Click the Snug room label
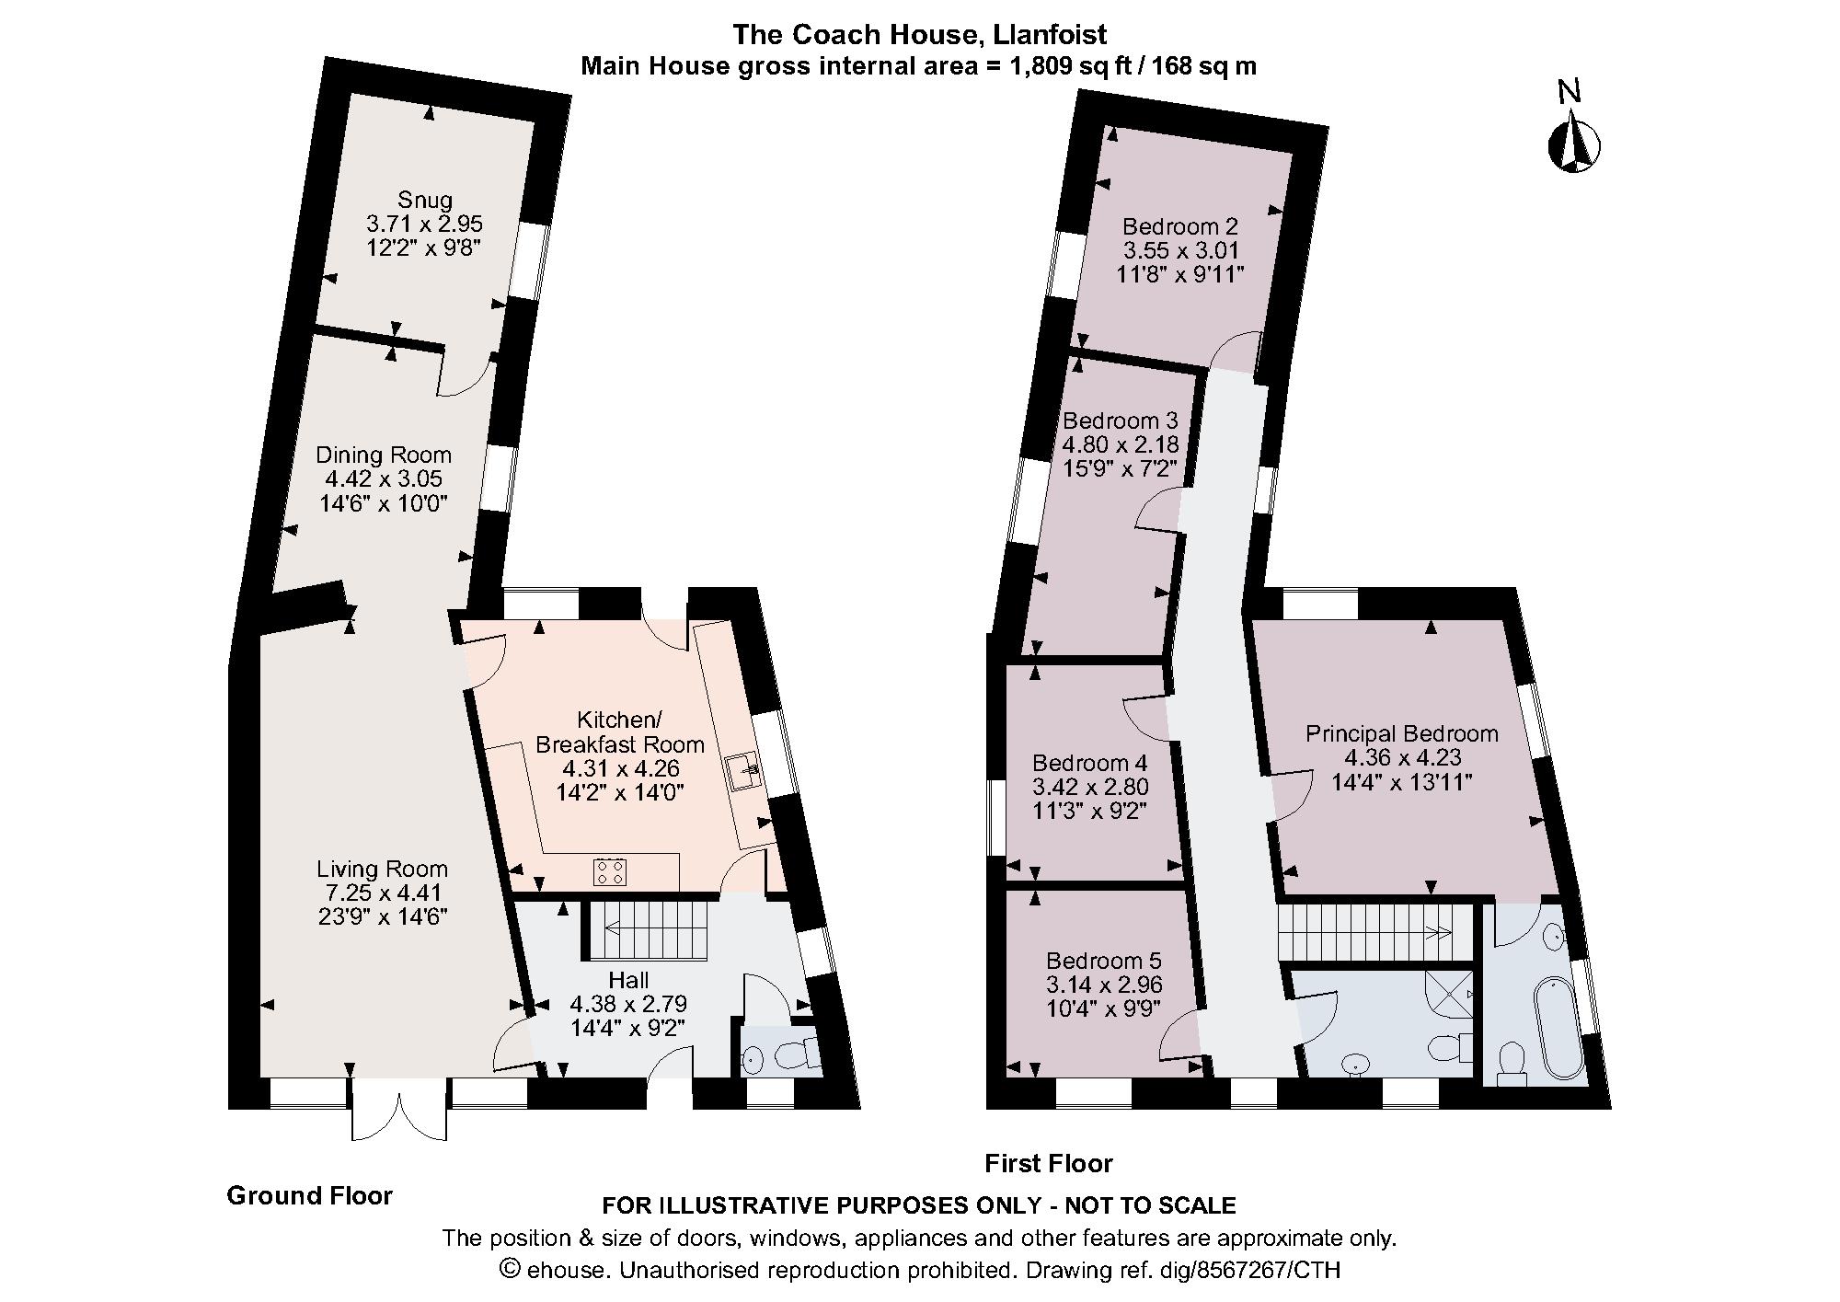click(x=425, y=200)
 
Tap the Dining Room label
click(x=384, y=455)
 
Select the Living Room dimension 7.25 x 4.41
click(x=384, y=893)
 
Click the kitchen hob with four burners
click(x=610, y=870)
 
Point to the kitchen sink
click(x=742, y=772)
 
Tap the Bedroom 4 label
click(x=1089, y=763)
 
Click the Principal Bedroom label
click(x=1402, y=733)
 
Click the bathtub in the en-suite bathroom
click(x=1558, y=1030)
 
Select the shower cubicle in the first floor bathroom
click(x=1449, y=994)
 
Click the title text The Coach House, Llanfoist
click(x=919, y=35)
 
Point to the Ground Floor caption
click(x=309, y=1195)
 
